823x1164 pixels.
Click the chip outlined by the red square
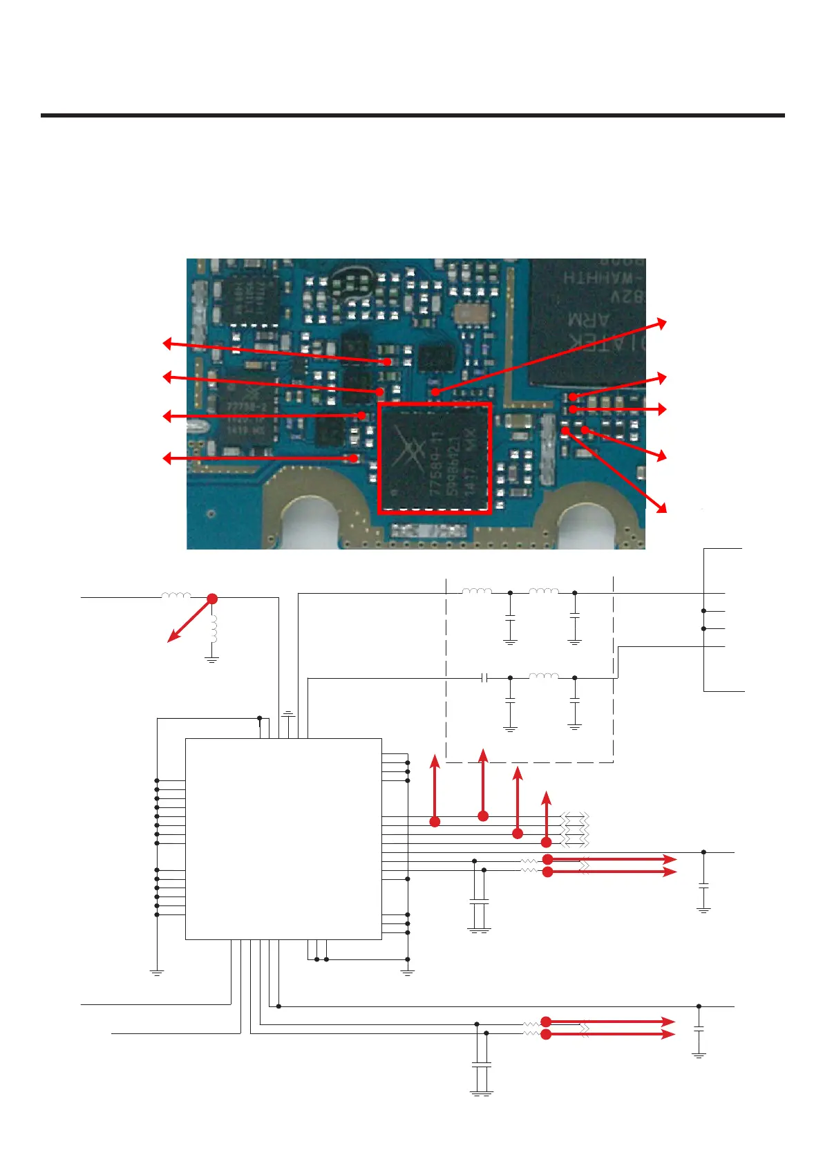[x=435, y=458]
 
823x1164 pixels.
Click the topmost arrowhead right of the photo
[x=662, y=322]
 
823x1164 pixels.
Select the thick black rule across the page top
[x=413, y=115]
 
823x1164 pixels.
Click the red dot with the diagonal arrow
[x=212, y=599]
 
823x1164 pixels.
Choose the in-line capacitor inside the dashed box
[x=485, y=678]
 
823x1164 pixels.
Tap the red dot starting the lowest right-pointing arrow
[x=546, y=1035]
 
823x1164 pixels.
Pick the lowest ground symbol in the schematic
[x=482, y=1093]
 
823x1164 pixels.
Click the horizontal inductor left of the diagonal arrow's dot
[x=176, y=596]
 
